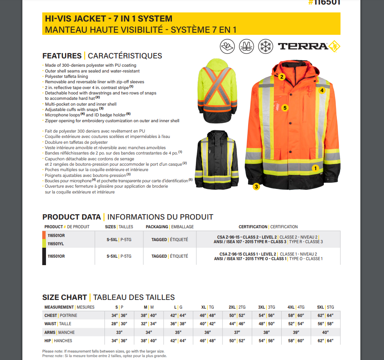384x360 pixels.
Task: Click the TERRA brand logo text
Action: click(303, 46)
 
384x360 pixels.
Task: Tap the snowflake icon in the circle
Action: click(265, 46)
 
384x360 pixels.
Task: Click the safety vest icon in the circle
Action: click(246, 46)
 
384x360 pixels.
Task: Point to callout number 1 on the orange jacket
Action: click(315, 168)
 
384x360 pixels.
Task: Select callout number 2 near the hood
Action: click(282, 77)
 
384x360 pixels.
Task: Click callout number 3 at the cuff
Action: click(256, 186)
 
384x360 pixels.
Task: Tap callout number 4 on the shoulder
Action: click(321, 89)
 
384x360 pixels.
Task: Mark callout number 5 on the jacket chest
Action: click(285, 108)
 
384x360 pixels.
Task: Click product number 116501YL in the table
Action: click(56, 244)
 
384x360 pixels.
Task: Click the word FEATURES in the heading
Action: click(62, 56)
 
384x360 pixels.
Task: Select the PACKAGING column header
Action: click(157, 227)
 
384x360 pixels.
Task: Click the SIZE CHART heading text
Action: click(64, 297)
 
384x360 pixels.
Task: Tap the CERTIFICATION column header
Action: click(253, 227)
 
